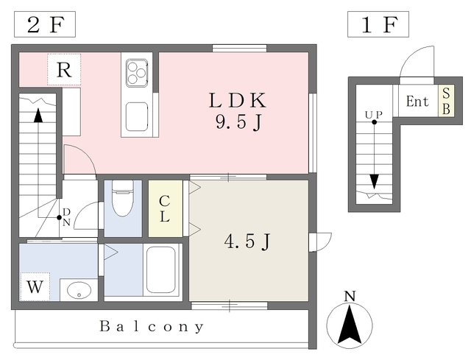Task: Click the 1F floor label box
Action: (378, 25)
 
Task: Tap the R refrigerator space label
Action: (64, 71)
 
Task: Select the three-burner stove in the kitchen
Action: (137, 73)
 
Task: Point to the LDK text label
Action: (236, 100)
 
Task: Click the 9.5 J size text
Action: (236, 122)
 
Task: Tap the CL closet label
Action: (165, 208)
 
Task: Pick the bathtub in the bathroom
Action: (162, 269)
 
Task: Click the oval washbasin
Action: (78, 289)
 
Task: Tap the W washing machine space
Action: (35, 287)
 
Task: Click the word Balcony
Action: (152, 326)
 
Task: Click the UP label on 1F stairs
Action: (374, 114)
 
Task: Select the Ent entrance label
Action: (417, 102)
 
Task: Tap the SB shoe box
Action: (446, 102)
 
